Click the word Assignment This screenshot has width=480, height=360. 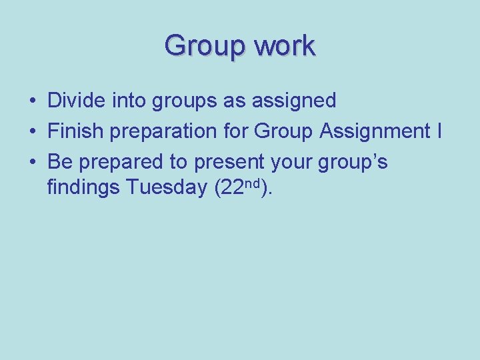point(373,131)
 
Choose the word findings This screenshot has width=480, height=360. point(83,189)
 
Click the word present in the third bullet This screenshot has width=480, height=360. point(231,162)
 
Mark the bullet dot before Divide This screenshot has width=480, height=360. point(32,101)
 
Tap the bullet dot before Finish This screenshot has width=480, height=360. point(32,132)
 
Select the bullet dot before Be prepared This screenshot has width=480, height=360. point(32,162)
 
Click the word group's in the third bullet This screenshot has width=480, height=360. point(354,162)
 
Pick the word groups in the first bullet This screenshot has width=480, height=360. point(189,101)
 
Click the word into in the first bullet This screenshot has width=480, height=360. point(131,101)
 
